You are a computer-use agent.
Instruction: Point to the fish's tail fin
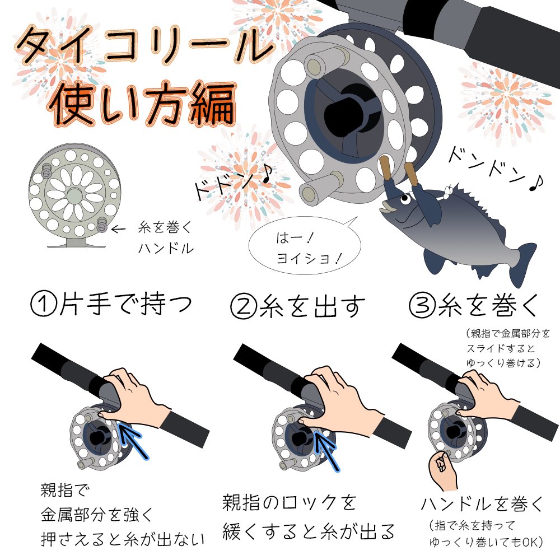tap(521, 263)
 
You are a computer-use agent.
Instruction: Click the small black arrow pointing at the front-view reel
tap(118, 228)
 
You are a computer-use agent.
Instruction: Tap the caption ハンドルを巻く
tap(482, 503)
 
